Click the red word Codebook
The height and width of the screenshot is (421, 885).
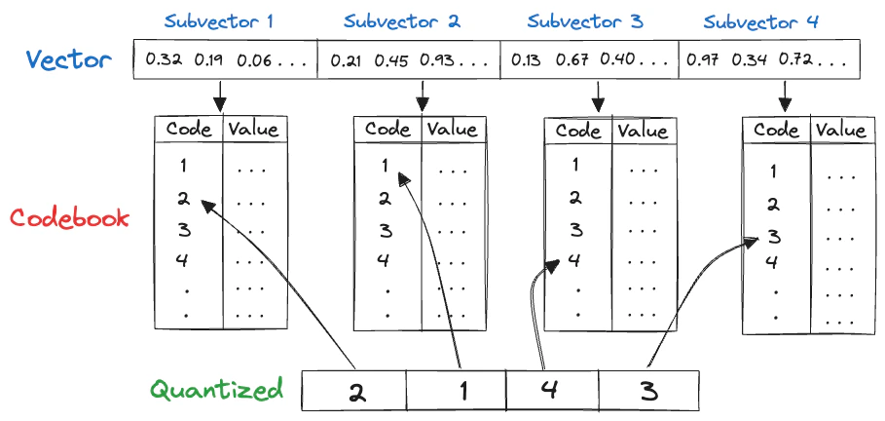69,216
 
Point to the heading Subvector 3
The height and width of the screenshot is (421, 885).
585,20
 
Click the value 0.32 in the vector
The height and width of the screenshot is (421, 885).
164,60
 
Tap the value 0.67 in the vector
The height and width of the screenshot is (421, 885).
574,60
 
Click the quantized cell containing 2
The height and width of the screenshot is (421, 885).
354,393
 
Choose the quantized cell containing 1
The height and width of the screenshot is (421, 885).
457,393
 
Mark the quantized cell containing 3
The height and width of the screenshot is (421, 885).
648,393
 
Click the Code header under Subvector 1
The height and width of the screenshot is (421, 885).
189,130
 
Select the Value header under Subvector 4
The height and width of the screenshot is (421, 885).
840,131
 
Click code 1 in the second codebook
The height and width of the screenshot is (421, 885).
385,166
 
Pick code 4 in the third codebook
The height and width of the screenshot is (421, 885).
575,259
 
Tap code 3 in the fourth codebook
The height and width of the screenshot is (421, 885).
773,236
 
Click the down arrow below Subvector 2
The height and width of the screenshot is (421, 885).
423,96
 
